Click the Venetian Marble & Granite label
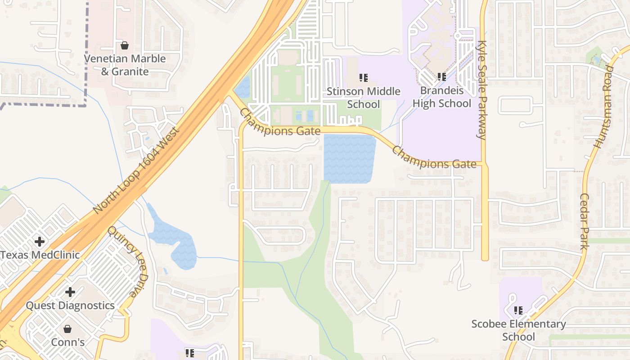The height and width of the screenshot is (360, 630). point(125,65)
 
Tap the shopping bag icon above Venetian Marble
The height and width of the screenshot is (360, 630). point(125,45)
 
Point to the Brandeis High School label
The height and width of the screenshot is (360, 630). point(442,97)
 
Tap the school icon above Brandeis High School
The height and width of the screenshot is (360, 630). point(441,77)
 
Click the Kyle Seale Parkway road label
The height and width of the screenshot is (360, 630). point(482,90)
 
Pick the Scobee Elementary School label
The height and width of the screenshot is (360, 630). point(518,330)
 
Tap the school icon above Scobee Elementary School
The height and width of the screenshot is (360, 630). point(518,310)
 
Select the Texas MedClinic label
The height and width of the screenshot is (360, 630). point(40,255)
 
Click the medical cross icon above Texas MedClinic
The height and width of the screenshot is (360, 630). point(40,242)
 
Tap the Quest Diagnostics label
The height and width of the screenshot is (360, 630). point(70,306)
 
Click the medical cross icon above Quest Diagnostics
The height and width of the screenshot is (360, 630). point(70,292)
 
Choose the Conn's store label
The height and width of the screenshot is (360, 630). point(67,342)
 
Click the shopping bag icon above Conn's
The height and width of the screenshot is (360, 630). point(67,329)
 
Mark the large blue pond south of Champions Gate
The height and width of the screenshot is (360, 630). point(349,158)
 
